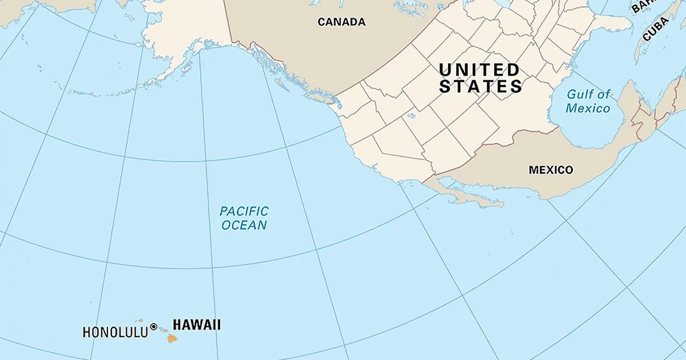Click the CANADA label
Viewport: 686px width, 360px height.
click(341, 22)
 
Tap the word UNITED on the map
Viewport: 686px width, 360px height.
click(479, 70)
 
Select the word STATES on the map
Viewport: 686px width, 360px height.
click(480, 87)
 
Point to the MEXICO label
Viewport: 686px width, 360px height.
click(551, 170)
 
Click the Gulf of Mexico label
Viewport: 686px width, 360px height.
click(588, 101)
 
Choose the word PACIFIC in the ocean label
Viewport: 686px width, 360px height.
click(244, 211)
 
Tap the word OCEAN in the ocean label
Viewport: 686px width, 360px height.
click(244, 225)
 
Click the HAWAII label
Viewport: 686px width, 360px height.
click(197, 325)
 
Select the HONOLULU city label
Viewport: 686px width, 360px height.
click(115, 332)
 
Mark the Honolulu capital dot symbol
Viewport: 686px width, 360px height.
click(154, 327)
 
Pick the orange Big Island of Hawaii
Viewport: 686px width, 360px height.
click(172, 338)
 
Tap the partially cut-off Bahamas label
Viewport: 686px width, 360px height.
click(641, 6)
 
